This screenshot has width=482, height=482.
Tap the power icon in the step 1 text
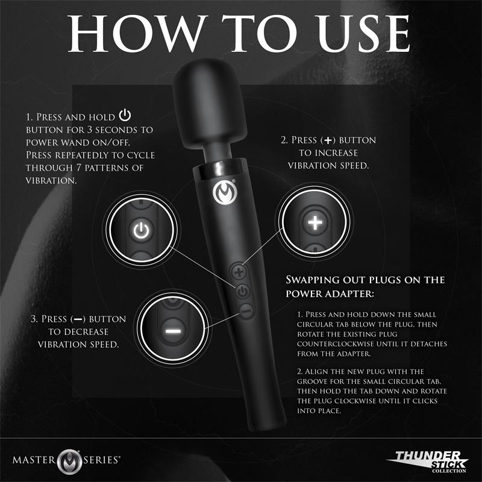coord(125,116)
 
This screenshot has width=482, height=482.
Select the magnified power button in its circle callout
coord(139,229)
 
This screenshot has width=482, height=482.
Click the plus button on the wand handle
coord(239,272)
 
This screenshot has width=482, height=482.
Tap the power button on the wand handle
coord(242,292)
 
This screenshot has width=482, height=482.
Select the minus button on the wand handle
coord(245,311)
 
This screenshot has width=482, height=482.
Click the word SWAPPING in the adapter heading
coord(318,280)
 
